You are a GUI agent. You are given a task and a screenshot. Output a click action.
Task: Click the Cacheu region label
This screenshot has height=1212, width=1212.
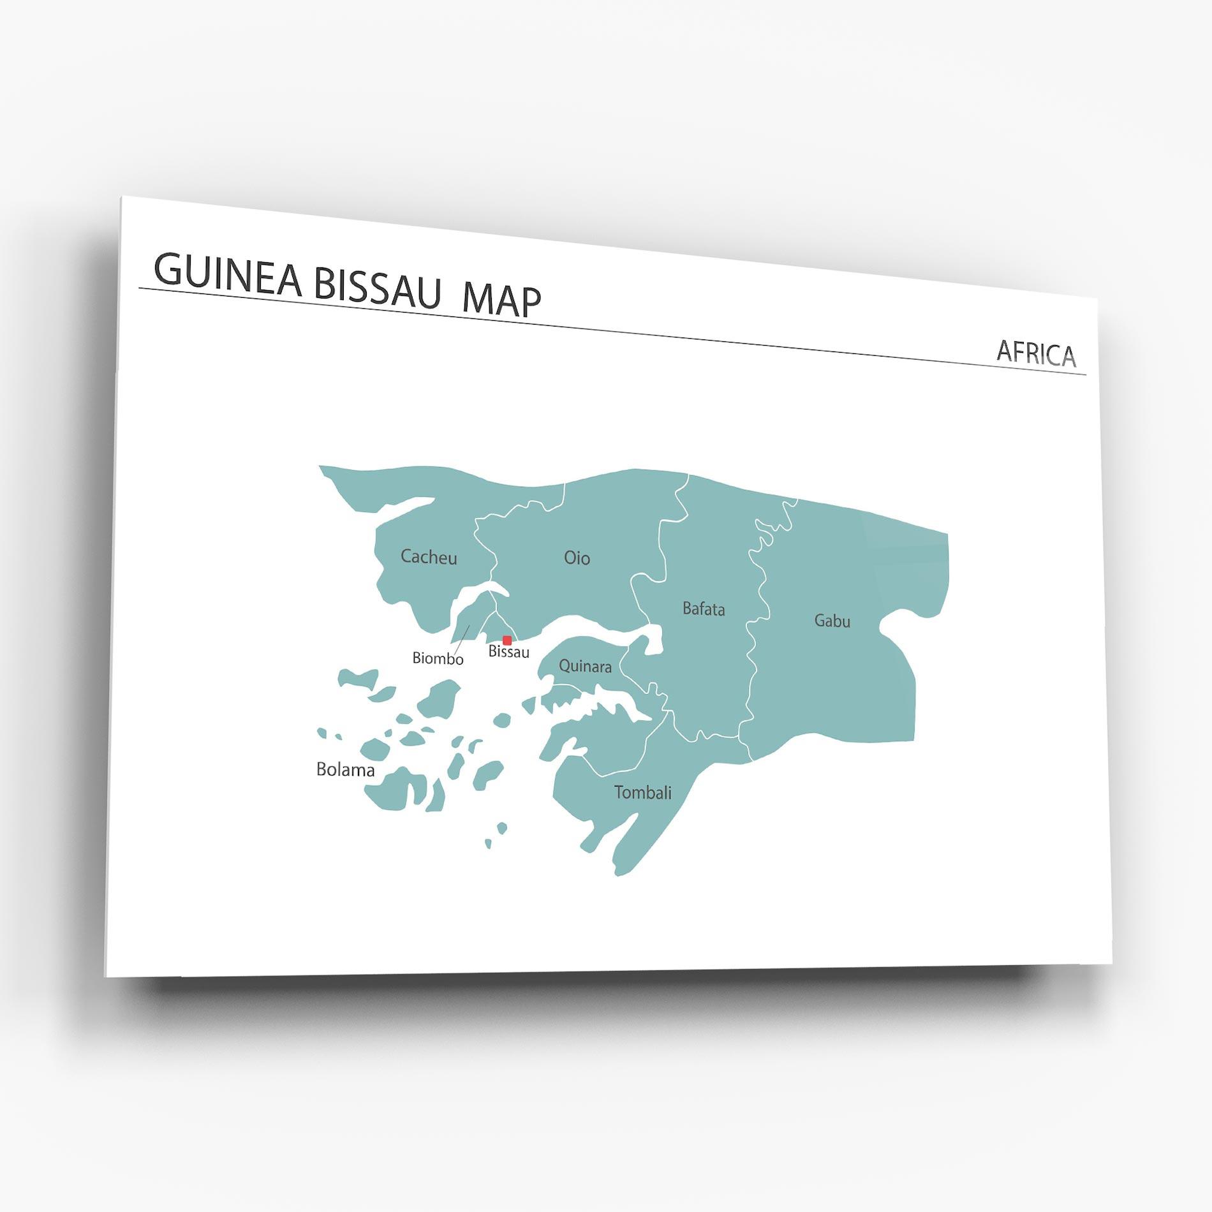(429, 557)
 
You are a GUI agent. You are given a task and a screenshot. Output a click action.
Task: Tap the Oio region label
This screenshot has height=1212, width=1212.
(577, 558)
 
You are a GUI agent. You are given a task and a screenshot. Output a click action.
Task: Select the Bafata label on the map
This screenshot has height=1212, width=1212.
(704, 609)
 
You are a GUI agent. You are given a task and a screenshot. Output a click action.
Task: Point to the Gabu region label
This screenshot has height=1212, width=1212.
(832, 621)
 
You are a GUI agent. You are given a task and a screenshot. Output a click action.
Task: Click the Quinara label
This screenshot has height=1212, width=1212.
(585, 667)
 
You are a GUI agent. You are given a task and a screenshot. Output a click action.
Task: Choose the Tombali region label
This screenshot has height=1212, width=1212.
(642, 792)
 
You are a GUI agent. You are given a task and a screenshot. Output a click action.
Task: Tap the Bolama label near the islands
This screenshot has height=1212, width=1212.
(345, 770)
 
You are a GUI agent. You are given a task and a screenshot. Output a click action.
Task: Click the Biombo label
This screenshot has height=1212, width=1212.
(438, 658)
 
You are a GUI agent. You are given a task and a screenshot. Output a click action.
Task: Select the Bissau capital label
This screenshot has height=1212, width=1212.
(508, 652)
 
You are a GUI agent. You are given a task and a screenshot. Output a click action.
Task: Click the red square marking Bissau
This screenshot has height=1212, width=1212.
(507, 640)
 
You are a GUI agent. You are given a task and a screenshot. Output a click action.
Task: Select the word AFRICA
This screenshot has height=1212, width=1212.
(1036, 353)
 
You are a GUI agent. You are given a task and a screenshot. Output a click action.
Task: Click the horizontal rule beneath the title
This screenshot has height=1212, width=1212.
(612, 332)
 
